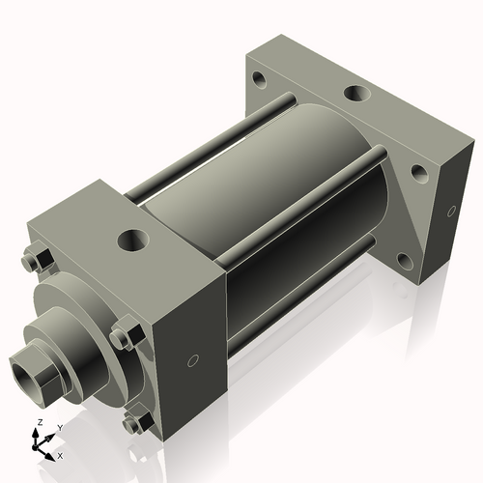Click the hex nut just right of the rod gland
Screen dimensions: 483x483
pyautogui.click(x=121, y=337)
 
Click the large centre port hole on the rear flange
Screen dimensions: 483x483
pyautogui.click(x=356, y=95)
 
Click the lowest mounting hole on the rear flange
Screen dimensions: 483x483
pyautogui.click(x=405, y=259)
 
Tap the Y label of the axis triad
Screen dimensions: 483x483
pyautogui.click(x=59, y=427)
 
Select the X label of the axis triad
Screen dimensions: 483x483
pyautogui.click(x=60, y=454)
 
